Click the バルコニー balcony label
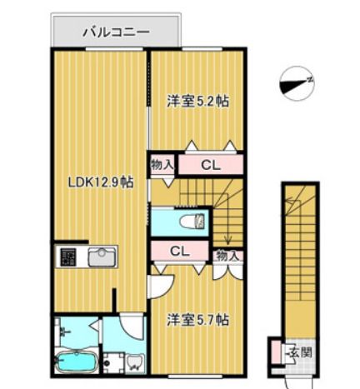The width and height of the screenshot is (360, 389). click(115, 32)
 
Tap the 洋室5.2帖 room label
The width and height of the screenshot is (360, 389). click(197, 102)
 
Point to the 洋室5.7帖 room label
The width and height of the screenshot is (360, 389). click(197, 319)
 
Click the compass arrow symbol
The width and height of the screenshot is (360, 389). click(297, 82)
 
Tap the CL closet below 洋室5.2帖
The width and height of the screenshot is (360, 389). click(210, 164)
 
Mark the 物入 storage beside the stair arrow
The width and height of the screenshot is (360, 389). click(227, 256)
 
